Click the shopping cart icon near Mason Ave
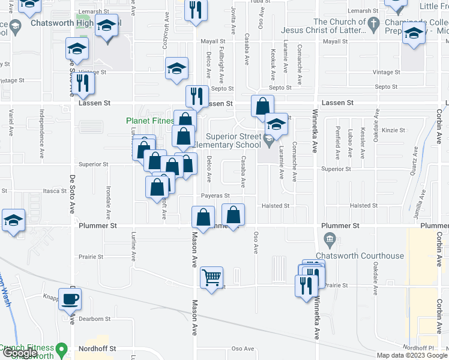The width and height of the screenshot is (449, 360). (x=211, y=278)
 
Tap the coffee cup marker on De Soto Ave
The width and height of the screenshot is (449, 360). (x=70, y=299)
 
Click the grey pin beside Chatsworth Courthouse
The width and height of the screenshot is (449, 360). (x=330, y=241)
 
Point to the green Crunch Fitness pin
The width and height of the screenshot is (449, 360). (x=61, y=349)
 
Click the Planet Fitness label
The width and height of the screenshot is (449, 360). (x=149, y=120)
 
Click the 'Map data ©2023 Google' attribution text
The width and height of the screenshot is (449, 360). (x=411, y=355)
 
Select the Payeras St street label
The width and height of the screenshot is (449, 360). (x=215, y=196)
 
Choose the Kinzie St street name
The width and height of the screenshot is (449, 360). (x=394, y=130)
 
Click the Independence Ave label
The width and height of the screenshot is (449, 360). (x=41, y=129)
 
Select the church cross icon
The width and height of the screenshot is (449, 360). (x=373, y=25)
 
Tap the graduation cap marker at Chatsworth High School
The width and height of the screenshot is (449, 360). (x=107, y=28)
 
